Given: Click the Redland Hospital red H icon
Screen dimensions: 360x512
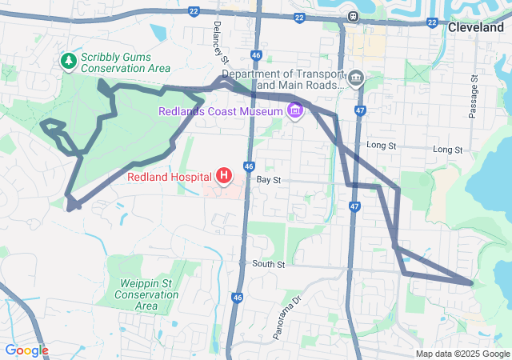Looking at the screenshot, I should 225,175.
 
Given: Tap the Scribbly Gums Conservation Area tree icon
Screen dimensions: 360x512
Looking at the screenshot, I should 70,60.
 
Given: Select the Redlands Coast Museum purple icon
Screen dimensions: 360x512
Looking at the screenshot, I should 296,110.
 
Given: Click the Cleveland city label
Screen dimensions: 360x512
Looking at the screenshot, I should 476,26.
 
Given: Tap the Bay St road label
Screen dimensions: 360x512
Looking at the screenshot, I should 269,181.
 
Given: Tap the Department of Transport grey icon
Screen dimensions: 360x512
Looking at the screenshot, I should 356,78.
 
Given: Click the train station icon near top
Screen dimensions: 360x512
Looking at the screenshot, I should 352,15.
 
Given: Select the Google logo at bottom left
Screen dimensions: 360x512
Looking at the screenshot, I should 26,350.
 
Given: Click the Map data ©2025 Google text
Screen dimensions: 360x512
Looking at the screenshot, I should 462,354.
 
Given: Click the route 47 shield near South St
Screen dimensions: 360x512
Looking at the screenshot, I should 354,206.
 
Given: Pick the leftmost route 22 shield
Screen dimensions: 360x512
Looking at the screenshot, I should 194,10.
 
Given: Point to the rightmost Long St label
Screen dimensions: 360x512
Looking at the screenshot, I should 447,150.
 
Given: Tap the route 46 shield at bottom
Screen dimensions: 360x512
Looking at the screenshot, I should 238,297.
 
